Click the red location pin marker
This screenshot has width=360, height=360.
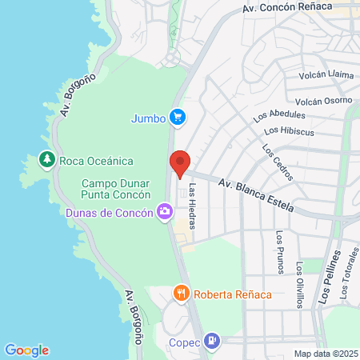180,164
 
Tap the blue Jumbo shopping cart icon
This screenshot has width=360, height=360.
178,118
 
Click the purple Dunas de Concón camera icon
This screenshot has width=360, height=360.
165,212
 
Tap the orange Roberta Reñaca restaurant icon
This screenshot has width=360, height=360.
182,294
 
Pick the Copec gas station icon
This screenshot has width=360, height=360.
212,341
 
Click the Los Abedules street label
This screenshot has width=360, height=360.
279,116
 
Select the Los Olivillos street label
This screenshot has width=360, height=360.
300,285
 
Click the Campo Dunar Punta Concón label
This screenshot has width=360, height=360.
117,189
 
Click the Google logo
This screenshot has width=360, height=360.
27,350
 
